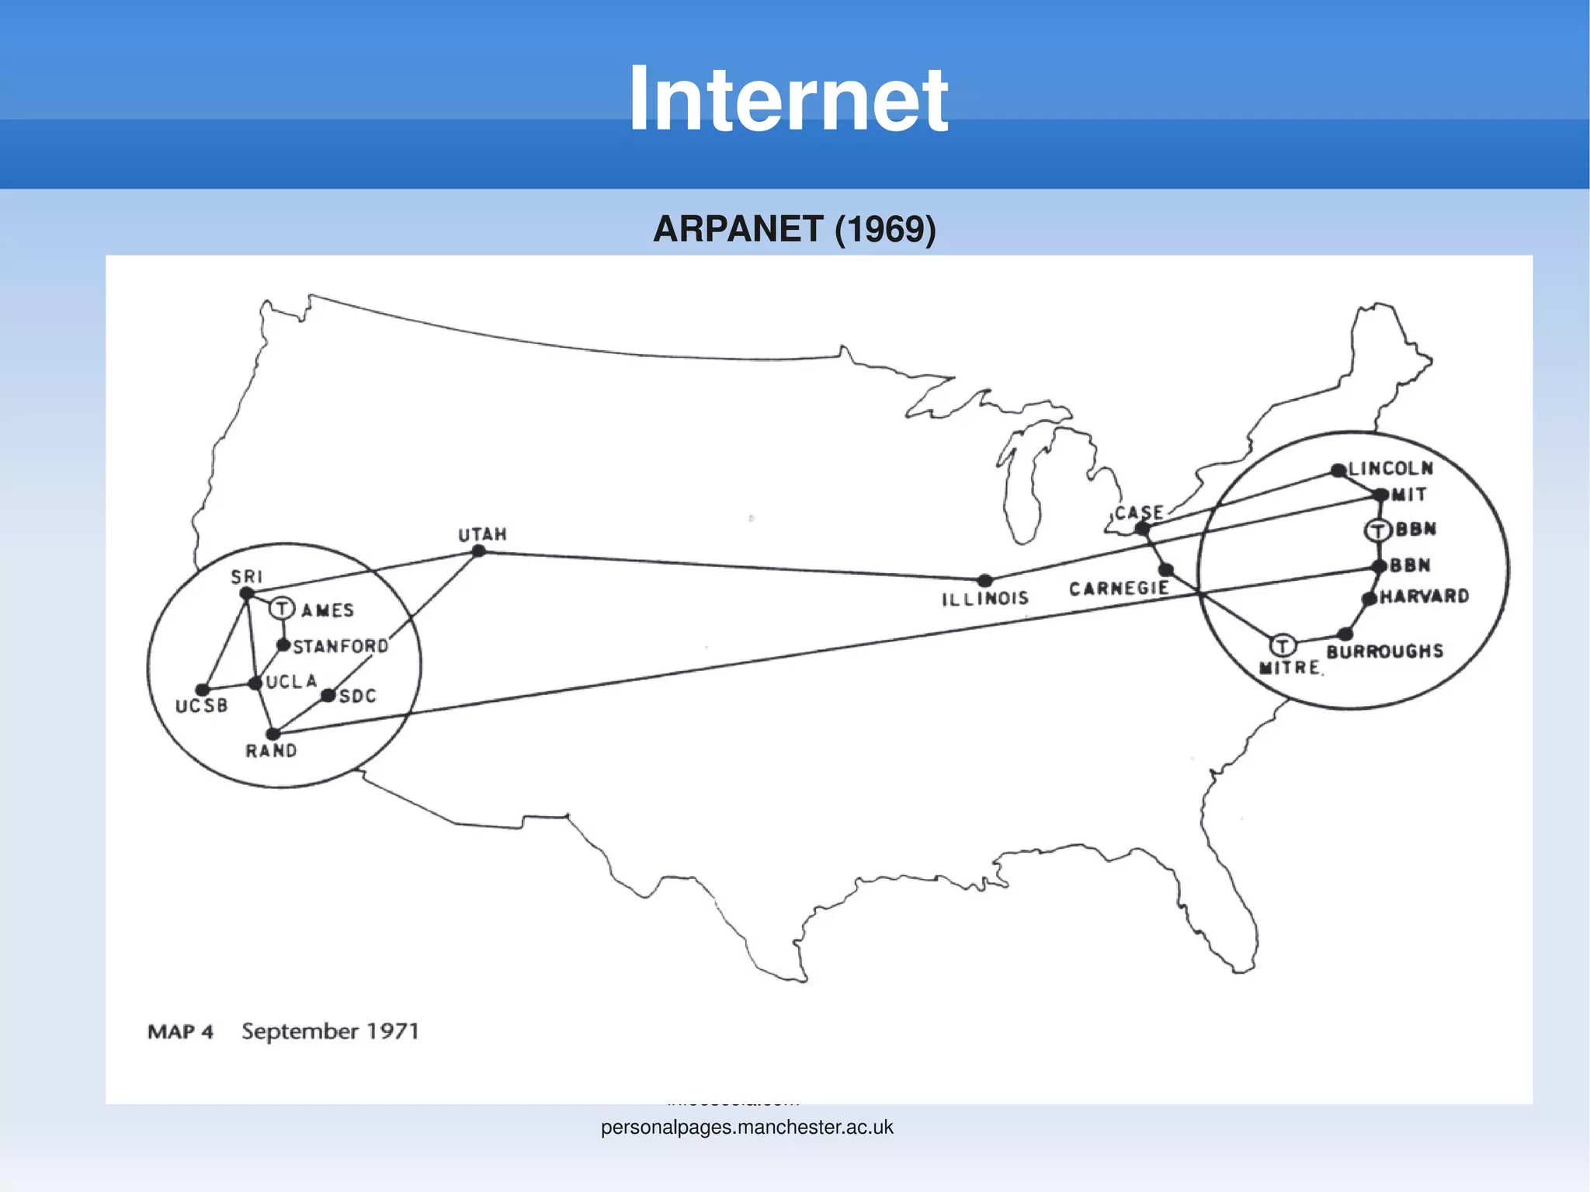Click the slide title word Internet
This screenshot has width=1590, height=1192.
pyautogui.click(x=787, y=99)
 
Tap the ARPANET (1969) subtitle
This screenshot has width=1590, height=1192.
pyautogui.click(x=794, y=229)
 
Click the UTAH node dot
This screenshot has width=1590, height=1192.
pyautogui.click(x=479, y=551)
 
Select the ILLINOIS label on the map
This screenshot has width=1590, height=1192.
pyautogui.click(x=984, y=599)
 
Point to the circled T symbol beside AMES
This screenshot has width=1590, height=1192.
pyautogui.click(x=282, y=608)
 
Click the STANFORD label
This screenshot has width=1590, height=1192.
pyautogui.click(x=340, y=646)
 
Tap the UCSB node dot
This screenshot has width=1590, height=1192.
pyautogui.click(x=203, y=690)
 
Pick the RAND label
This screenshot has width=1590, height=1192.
pyautogui.click(x=271, y=751)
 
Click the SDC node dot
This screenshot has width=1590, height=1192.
pyautogui.click(x=328, y=695)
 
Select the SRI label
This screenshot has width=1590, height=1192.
pyautogui.click(x=247, y=577)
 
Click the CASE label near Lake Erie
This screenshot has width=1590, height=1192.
pyautogui.click(x=1139, y=513)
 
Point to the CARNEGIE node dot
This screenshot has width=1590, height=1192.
pyautogui.click(x=1166, y=570)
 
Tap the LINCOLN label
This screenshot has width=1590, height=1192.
pyautogui.click(x=1390, y=468)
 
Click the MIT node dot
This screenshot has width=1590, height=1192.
pyautogui.click(x=1380, y=495)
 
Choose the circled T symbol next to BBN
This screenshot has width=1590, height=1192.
pyautogui.click(x=1377, y=530)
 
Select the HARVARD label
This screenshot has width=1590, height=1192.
pyautogui.click(x=1424, y=596)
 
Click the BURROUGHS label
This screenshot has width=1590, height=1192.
pyautogui.click(x=1384, y=652)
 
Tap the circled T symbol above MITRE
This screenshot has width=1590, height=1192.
pyautogui.click(x=1283, y=645)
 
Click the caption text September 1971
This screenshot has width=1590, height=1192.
pyautogui.click(x=330, y=1031)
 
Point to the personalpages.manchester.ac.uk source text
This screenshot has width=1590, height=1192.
pyautogui.click(x=747, y=1127)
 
